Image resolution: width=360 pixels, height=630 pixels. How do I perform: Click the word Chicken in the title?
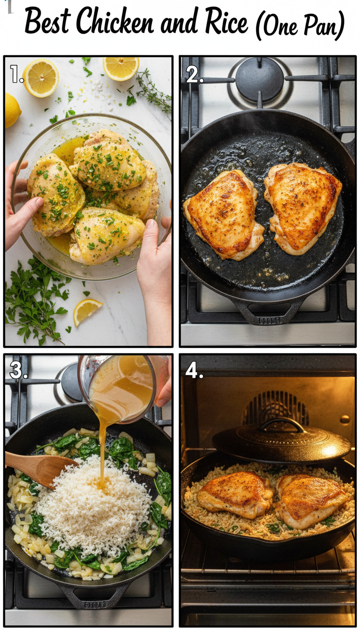click(115, 22)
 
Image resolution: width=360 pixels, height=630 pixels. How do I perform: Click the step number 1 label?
click(17, 74)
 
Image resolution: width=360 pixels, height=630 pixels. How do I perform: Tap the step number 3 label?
click(18, 370)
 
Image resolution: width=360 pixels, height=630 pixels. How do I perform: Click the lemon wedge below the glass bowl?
click(87, 311)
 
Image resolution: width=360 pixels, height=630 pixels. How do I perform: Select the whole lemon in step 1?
click(12, 110)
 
